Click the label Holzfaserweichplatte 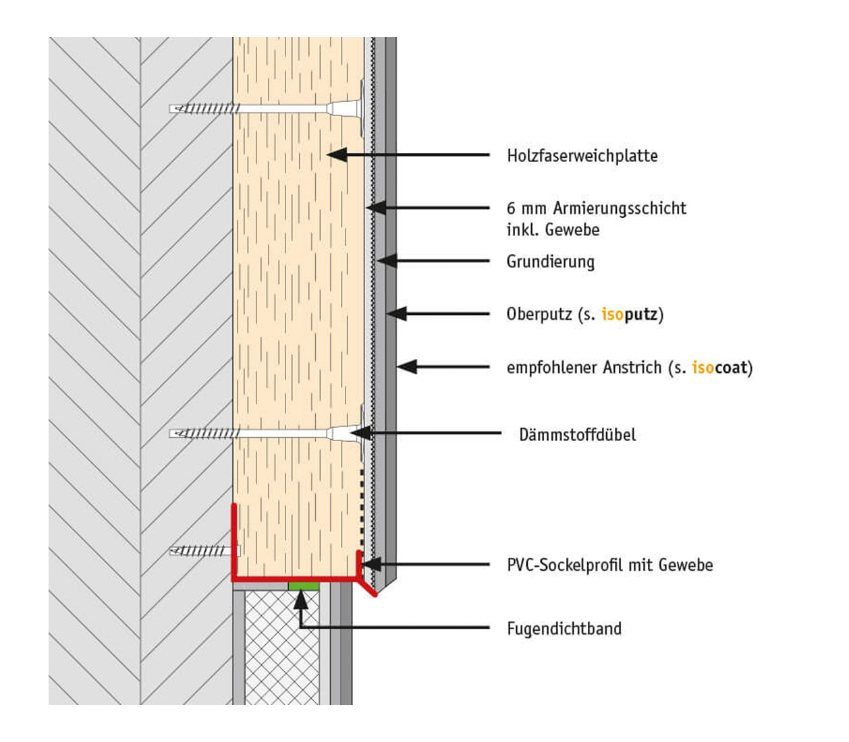(x=582, y=156)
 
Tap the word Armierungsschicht (x=620, y=208)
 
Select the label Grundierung (x=550, y=262)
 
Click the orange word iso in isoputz (x=612, y=314)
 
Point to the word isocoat (x=719, y=368)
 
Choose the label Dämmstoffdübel (x=577, y=434)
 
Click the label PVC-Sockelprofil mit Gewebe (x=609, y=565)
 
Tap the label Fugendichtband (x=564, y=629)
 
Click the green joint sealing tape (x=304, y=586)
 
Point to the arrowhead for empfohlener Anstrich (x=406, y=367)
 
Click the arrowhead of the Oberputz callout (x=396, y=314)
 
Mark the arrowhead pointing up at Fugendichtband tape (x=300, y=600)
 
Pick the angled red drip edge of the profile (x=366, y=588)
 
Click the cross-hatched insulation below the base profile (x=282, y=648)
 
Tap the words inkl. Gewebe (x=553, y=230)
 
